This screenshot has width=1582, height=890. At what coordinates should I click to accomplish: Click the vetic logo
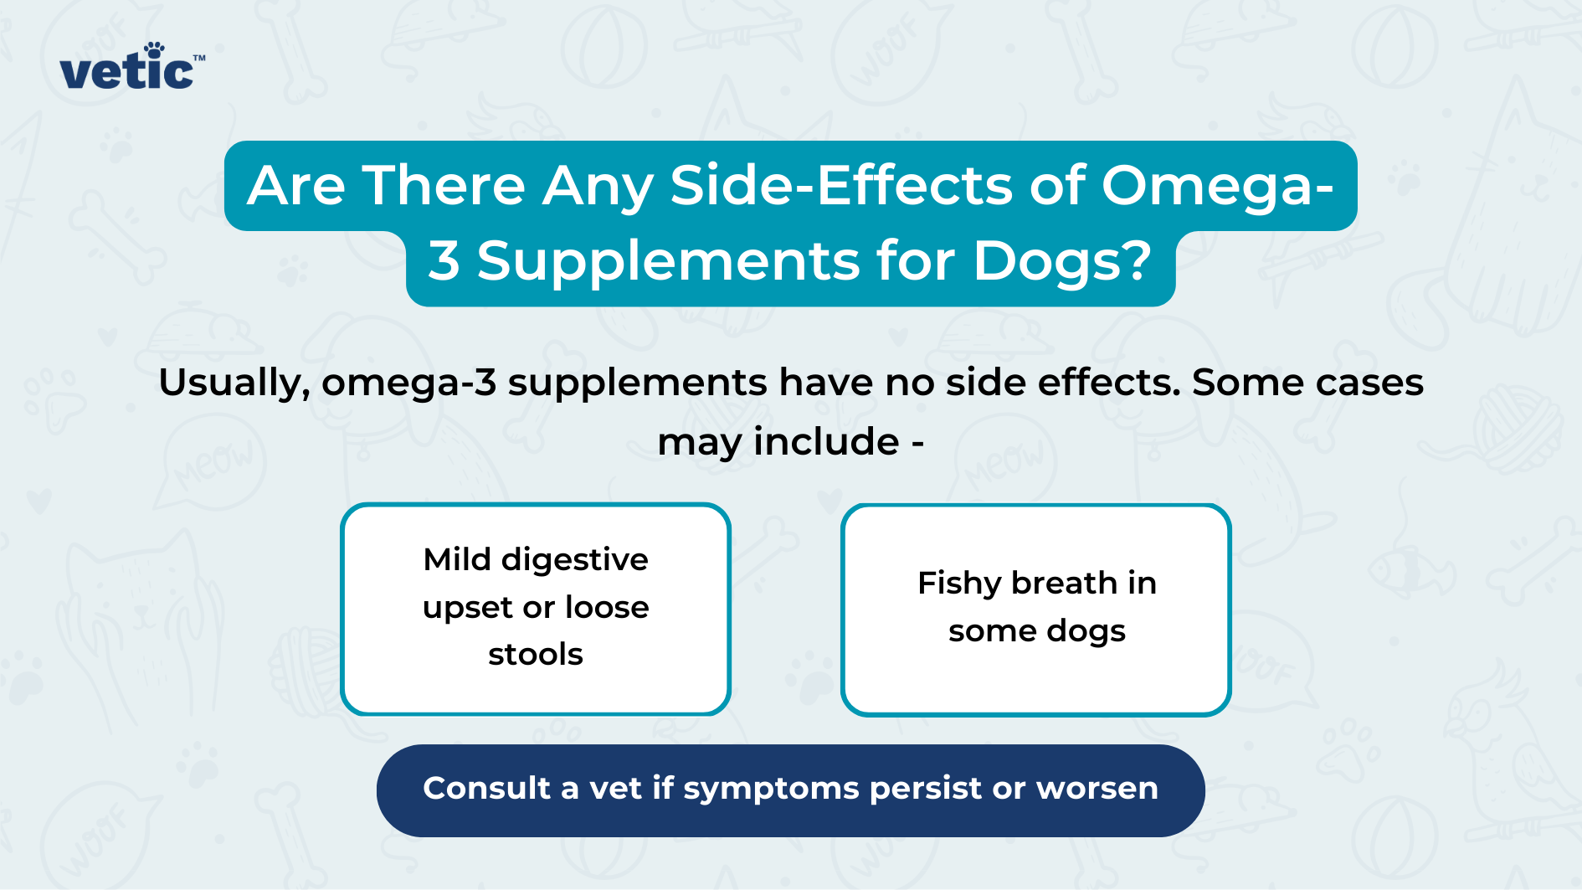128,71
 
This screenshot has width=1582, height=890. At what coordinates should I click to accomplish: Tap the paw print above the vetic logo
154,49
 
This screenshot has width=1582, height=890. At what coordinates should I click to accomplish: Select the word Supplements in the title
668,260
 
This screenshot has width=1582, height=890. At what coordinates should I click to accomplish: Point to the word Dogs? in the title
1062,261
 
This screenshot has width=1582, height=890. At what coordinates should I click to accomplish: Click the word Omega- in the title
1216,187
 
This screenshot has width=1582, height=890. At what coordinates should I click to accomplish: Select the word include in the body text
826,441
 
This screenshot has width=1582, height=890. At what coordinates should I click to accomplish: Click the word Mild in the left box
457,559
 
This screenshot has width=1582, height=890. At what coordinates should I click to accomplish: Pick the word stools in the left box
536,654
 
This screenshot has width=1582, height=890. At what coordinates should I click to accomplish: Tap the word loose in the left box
607,607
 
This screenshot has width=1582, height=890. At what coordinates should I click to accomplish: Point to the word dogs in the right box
1085,631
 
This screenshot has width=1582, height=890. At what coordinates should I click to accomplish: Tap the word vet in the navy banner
615,789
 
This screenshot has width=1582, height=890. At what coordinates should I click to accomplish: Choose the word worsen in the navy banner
1097,789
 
